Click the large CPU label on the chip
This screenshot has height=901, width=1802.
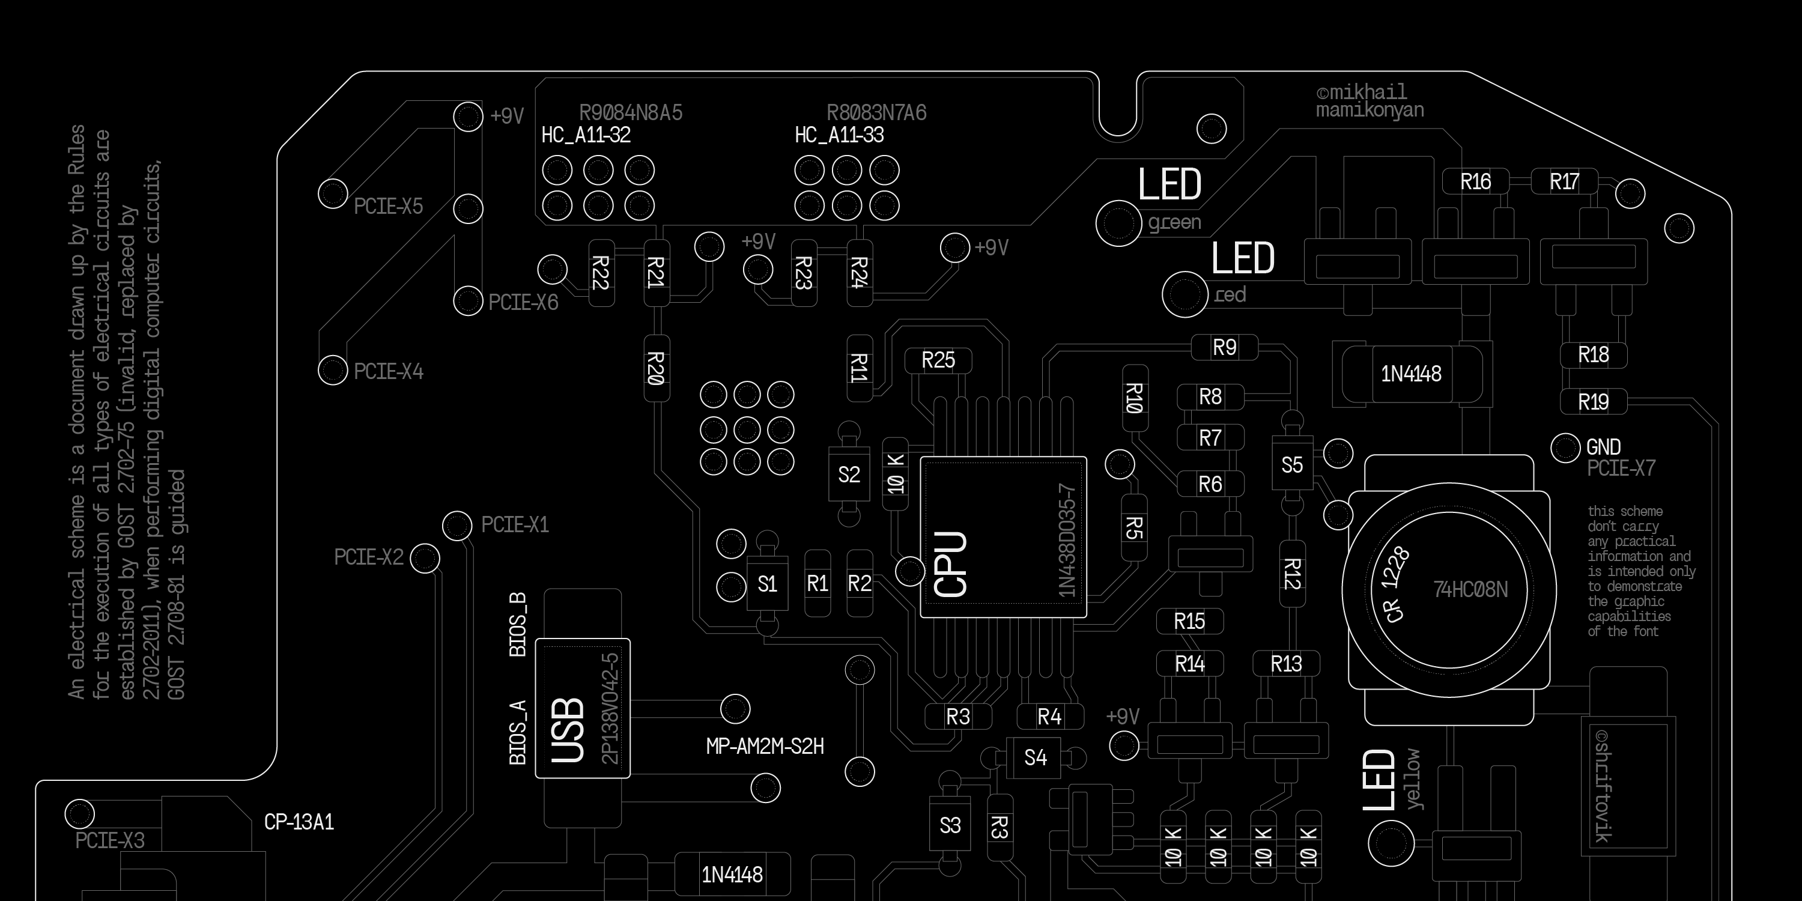(951, 564)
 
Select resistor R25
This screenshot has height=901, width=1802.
(938, 360)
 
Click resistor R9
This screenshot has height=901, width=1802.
(1224, 347)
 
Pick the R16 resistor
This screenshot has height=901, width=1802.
(1475, 182)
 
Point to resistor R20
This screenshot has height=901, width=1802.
(656, 368)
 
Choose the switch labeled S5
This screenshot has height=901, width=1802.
(1292, 465)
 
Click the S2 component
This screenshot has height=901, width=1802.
(849, 475)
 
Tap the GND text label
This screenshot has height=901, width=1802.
(1603, 447)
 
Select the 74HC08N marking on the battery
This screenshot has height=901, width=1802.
(1470, 590)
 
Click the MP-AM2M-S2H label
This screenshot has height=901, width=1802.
(765, 747)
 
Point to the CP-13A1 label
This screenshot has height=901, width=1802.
(299, 822)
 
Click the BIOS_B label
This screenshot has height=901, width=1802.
(518, 625)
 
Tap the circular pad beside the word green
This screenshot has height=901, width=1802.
(1118, 224)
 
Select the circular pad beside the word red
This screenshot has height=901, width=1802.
(1185, 294)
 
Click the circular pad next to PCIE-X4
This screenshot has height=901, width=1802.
(333, 369)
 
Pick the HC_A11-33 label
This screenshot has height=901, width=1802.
(839, 135)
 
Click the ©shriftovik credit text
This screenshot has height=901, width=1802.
(1603, 786)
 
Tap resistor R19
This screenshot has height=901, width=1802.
(1593, 402)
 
